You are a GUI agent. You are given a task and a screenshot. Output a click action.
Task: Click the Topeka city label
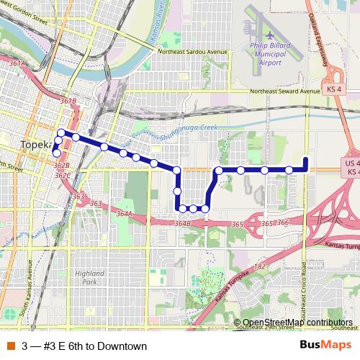35,144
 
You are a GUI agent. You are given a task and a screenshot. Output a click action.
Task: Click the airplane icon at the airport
270,35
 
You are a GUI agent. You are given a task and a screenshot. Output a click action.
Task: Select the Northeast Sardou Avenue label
194,53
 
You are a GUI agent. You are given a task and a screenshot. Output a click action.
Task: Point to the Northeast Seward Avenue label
284,91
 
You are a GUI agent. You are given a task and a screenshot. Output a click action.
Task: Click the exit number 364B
181,225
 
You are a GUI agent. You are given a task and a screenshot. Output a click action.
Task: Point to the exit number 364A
125,213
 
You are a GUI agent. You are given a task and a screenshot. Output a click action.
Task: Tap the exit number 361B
68,102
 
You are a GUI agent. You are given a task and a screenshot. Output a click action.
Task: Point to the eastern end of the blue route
306,159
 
